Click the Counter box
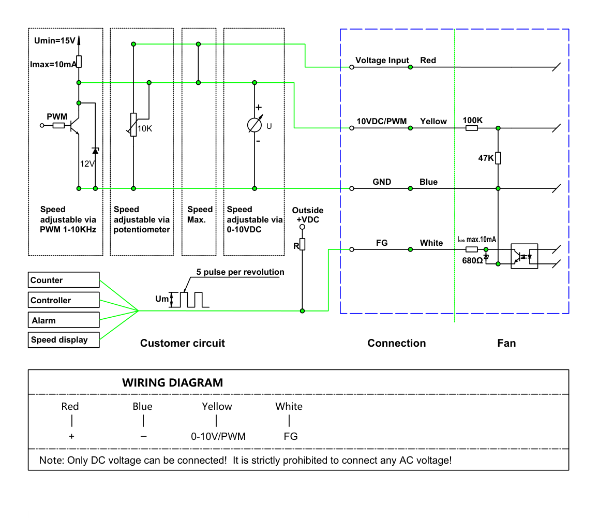pos(64,280)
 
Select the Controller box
pos(64,300)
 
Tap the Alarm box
pos(64,320)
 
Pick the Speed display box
pos(64,340)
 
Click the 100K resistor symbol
pos(471,128)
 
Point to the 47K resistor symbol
pos(498,158)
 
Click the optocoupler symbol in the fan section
pos(524,256)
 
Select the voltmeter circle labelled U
pos(254,125)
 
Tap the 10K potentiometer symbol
pos(133,125)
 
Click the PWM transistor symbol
pos(74,125)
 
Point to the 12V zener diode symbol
pos(96,151)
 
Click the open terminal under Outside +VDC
pos(302,227)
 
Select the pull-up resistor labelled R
pos(302,244)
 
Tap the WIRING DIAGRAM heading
pos(173,382)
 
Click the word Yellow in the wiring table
pos(217,406)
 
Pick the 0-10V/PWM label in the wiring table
pos(218,436)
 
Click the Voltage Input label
pos(382,61)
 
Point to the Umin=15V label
pos(55,40)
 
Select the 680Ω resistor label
pos(473,261)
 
